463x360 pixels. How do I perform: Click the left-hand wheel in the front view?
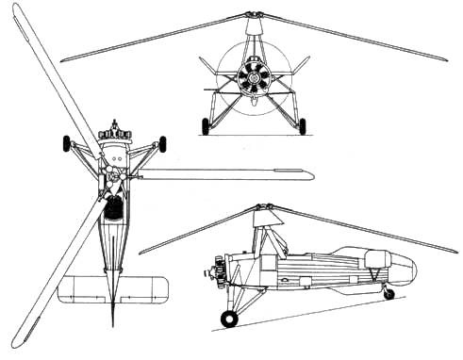[206, 126]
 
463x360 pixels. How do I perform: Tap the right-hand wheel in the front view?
[302, 126]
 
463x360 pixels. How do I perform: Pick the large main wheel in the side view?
[229, 318]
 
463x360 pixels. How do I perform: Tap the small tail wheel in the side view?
[389, 293]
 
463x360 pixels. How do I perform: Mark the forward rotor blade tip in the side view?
[142, 252]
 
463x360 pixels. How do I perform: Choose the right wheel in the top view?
[162, 143]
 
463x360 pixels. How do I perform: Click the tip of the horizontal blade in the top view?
[309, 173]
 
